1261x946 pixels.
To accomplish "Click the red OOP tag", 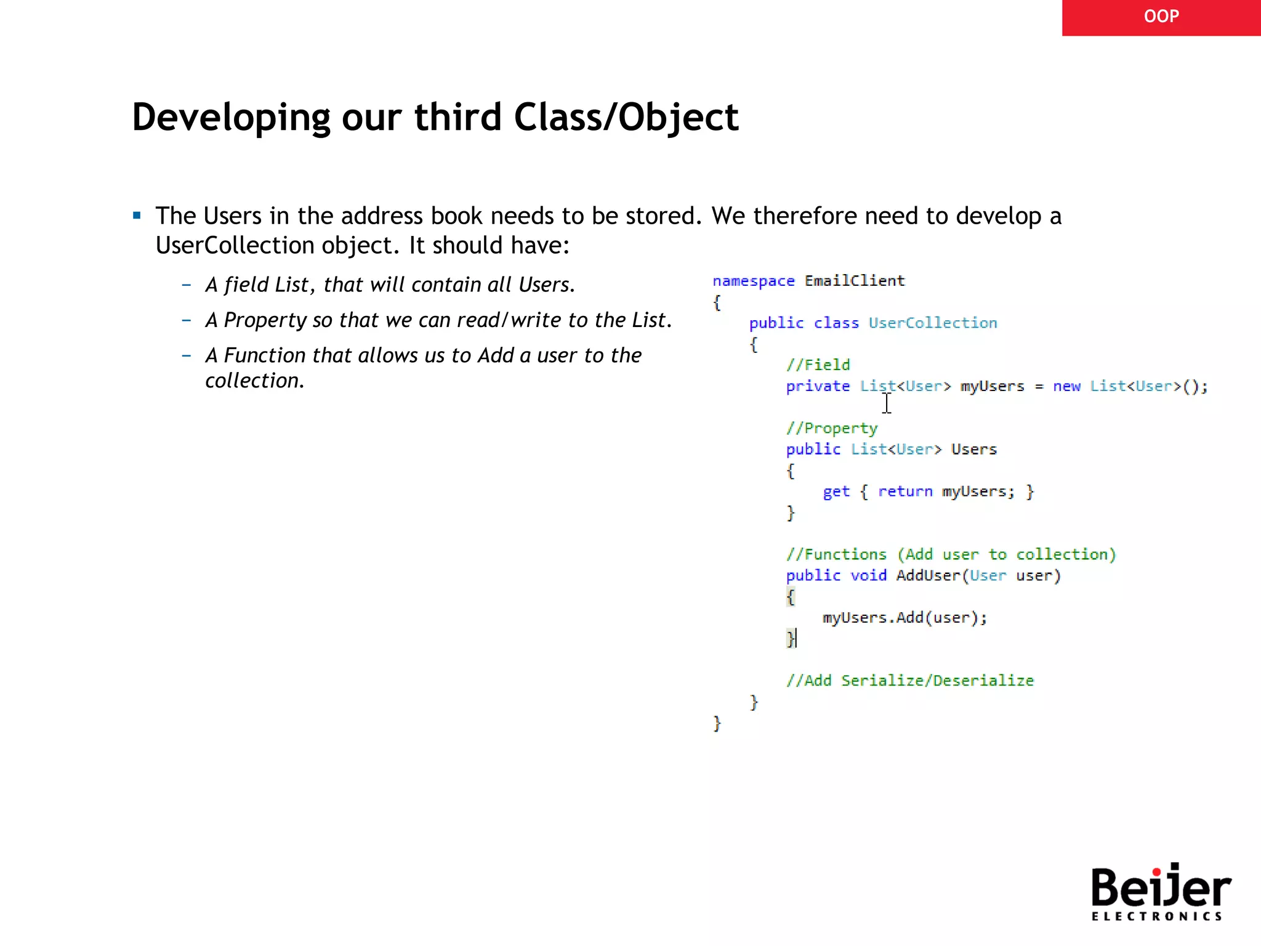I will tap(1161, 17).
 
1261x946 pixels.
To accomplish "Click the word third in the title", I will tap(457, 117).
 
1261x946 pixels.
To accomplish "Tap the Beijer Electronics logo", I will tap(1160, 892).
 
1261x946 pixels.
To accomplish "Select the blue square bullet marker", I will tap(137, 216).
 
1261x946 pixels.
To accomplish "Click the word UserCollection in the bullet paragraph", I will tap(235, 245).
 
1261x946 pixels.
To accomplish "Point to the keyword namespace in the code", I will tap(753, 281).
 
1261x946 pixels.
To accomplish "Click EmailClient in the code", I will tap(855, 281).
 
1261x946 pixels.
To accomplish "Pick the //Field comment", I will tap(818, 365).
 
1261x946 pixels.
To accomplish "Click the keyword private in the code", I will tap(817, 386).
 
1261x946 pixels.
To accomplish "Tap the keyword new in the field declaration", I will tap(1066, 386).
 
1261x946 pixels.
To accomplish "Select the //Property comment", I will tap(831, 428).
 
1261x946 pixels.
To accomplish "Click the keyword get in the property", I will tap(836, 491).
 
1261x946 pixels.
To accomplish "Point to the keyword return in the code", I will tap(905, 491).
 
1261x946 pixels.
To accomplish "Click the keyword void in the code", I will tap(868, 575).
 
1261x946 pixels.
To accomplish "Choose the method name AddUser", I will tap(928, 575).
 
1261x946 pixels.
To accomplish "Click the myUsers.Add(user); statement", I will tap(904, 618).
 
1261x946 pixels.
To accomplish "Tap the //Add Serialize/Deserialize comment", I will tap(909, 681).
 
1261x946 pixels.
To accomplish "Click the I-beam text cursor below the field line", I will tap(887, 403).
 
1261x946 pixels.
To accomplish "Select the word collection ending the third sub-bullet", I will tap(252, 381).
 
